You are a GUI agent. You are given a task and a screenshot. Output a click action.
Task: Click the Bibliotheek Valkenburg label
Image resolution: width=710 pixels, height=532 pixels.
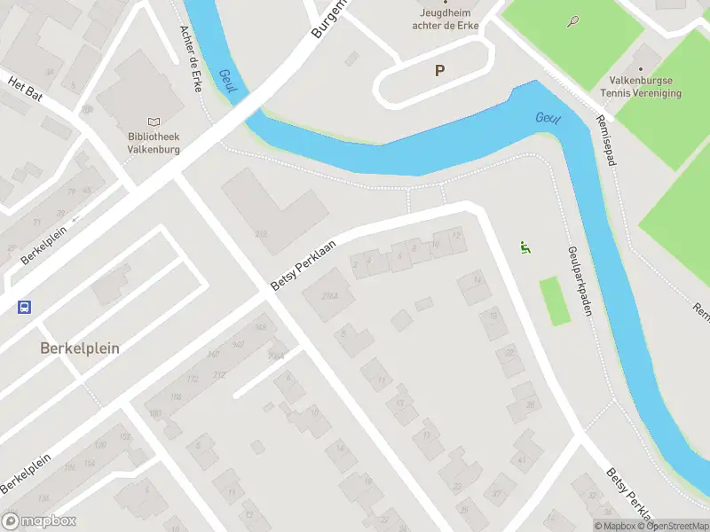[x=154, y=143]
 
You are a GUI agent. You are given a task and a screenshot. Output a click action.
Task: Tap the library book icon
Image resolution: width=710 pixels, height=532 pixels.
[x=154, y=122]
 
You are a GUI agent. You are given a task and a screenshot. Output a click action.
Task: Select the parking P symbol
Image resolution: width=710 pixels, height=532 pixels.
[x=438, y=70]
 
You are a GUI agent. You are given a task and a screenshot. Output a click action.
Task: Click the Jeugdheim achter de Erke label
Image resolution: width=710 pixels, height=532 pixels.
[x=446, y=19]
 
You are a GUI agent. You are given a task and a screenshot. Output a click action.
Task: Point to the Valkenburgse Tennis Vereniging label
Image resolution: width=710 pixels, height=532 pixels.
[x=640, y=86]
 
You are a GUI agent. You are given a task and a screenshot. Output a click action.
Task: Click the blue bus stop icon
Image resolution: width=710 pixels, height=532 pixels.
[x=24, y=308]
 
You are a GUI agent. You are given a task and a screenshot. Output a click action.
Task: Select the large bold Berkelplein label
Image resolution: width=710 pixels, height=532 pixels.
[x=80, y=348]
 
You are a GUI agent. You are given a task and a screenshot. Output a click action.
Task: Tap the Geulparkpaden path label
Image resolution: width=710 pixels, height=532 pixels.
[x=575, y=279]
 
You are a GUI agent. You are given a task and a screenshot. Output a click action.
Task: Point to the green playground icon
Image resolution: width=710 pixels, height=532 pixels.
[x=525, y=249]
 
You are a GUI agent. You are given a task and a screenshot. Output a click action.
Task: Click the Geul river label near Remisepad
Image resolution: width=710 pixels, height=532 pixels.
[x=548, y=119]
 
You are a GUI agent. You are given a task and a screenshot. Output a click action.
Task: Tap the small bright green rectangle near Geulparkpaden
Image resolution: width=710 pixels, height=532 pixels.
[x=554, y=301]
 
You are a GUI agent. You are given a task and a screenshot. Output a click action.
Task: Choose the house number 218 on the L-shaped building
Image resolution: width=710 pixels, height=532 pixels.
[x=261, y=234]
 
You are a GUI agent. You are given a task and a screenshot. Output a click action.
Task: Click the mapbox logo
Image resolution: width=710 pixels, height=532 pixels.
[x=39, y=521]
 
